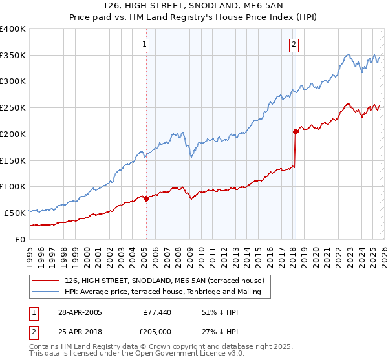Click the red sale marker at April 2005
146,198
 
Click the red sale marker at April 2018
295,131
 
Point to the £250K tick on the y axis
13,108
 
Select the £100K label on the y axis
13,187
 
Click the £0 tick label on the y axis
21,239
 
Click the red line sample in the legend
46,281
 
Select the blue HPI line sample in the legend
46,292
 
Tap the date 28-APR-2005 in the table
80,312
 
